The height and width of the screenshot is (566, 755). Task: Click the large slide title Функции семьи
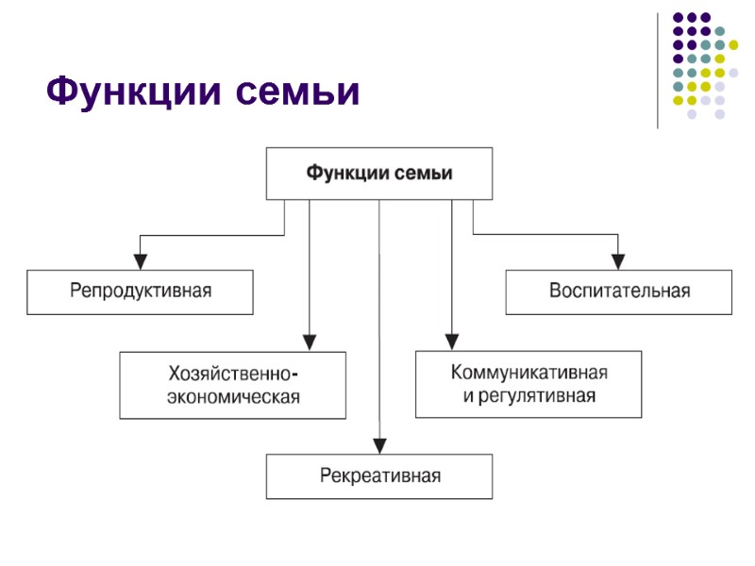pyautogui.click(x=204, y=92)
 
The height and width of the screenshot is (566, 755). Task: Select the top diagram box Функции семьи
pyautogui.click(x=378, y=174)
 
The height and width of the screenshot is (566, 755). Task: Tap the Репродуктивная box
pyautogui.click(x=140, y=291)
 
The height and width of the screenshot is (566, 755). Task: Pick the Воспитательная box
pyautogui.click(x=619, y=291)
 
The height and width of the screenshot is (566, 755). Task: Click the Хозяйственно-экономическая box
pyautogui.click(x=232, y=385)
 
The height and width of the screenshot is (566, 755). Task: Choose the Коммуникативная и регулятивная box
pyautogui.click(x=528, y=384)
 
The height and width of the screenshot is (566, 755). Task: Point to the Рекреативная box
pyautogui.click(x=378, y=476)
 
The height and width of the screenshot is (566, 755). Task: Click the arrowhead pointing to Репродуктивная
pyautogui.click(x=140, y=259)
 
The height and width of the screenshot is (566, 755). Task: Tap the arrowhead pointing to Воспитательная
pyautogui.click(x=619, y=259)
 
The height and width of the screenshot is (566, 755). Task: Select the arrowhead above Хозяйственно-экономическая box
pyautogui.click(x=309, y=341)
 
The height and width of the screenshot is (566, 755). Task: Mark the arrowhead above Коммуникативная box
pyautogui.click(x=451, y=341)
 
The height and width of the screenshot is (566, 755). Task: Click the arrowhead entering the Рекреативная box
pyautogui.click(x=379, y=444)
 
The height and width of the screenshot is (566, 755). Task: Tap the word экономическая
pyautogui.click(x=233, y=397)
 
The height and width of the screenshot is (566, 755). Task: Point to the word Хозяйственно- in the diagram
pyautogui.click(x=234, y=373)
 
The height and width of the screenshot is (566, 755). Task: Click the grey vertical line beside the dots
pyautogui.click(x=658, y=70)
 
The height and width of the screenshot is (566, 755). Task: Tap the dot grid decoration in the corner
pyautogui.click(x=703, y=64)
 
